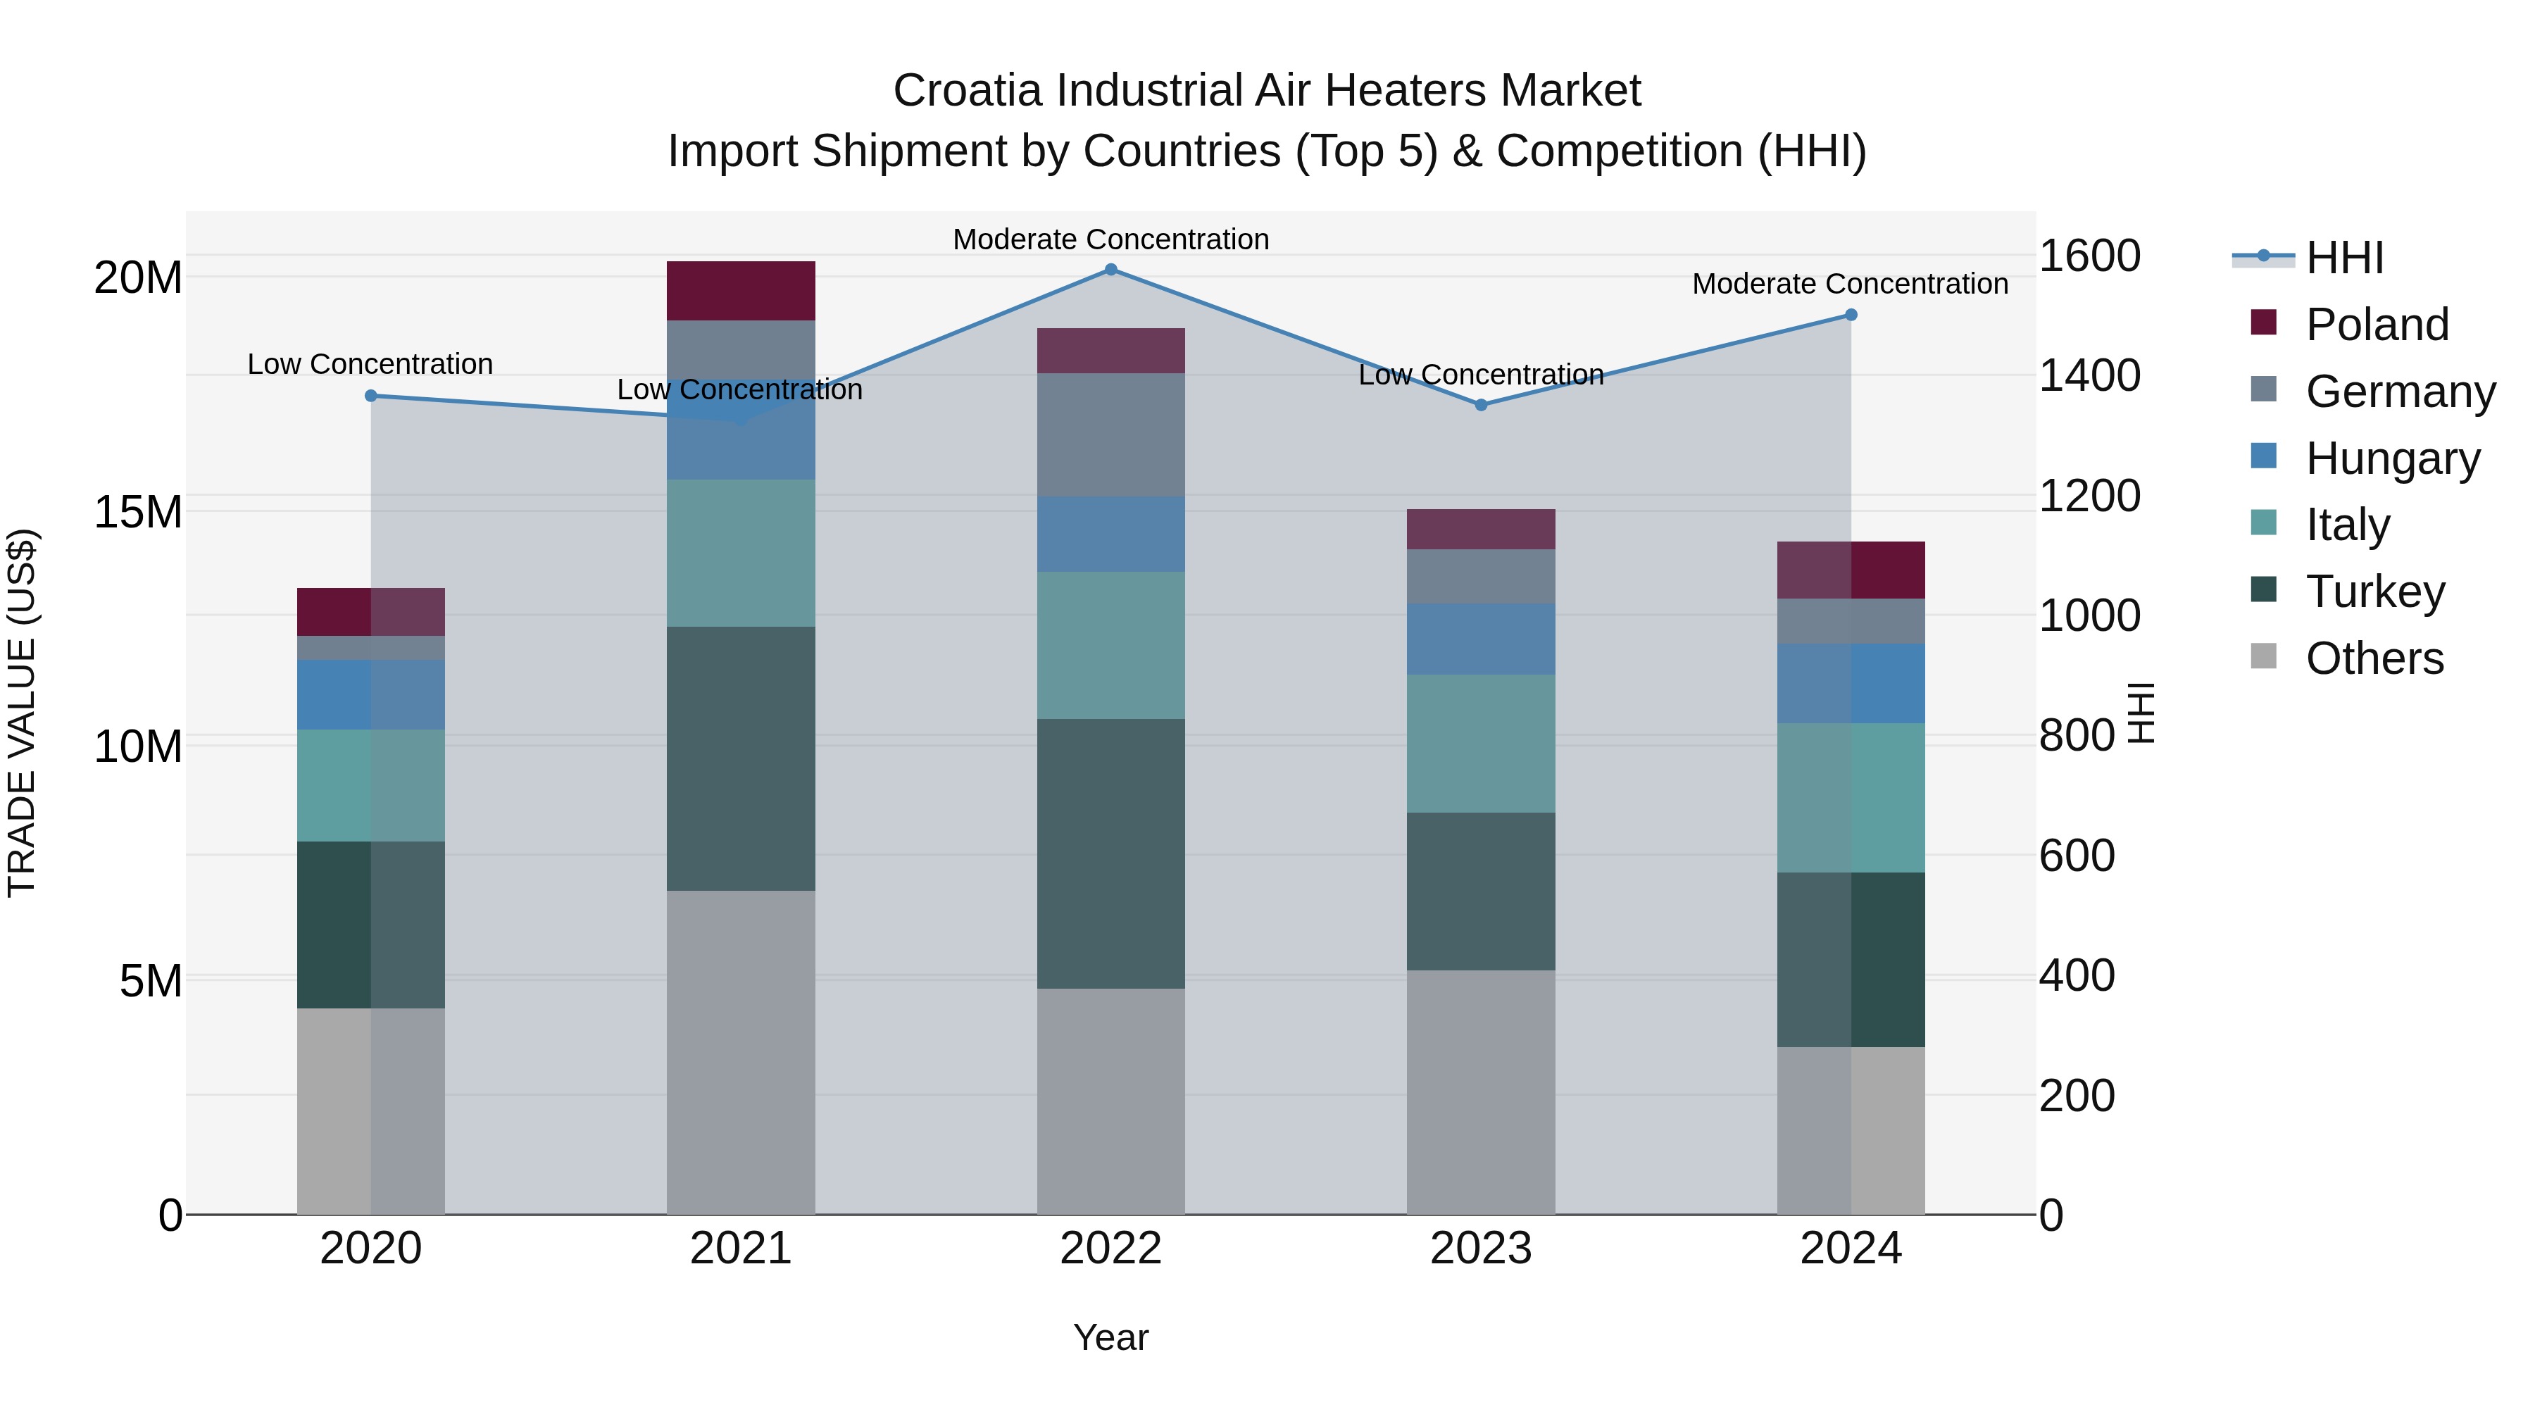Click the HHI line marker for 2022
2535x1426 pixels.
coord(1111,269)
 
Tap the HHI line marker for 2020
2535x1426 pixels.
coord(371,396)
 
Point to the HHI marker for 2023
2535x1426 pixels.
coord(1481,404)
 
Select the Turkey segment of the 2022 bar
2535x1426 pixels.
coord(1111,853)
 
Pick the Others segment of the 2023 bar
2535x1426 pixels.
coord(1481,1092)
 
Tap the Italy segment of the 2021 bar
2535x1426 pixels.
coord(741,553)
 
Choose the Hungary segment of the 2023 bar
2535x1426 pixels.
coord(1481,639)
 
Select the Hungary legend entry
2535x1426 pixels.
coord(2391,458)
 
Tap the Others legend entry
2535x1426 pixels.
coord(2374,658)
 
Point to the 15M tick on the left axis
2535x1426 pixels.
coord(138,512)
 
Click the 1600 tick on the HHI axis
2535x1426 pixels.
coord(2089,256)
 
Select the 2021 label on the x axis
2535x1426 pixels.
coord(741,1249)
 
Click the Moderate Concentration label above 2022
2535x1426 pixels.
coord(1111,239)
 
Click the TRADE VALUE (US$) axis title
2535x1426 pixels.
coord(22,713)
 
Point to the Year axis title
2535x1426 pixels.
coord(1111,1337)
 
